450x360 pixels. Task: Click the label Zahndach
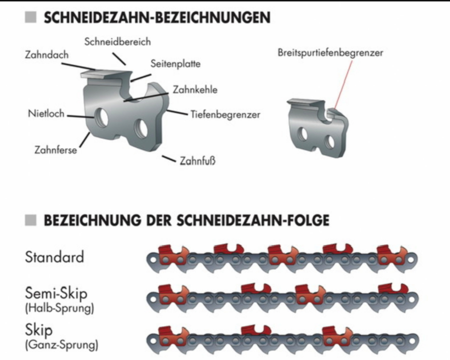47,55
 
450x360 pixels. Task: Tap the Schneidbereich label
117,41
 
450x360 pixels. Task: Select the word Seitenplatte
175,63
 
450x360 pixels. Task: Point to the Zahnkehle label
195,89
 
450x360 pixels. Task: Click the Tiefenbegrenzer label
225,114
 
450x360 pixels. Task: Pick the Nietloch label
46,113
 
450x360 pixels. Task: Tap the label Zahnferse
55,150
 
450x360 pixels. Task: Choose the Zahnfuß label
197,161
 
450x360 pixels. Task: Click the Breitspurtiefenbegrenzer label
330,53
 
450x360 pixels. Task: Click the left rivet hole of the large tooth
101,117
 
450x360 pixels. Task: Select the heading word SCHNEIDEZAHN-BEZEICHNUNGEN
157,17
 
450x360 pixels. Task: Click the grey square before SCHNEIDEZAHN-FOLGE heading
30,220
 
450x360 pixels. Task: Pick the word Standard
54,257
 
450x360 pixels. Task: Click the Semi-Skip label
56,293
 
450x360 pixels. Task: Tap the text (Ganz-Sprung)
61,344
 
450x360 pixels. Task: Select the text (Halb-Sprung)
59,308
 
